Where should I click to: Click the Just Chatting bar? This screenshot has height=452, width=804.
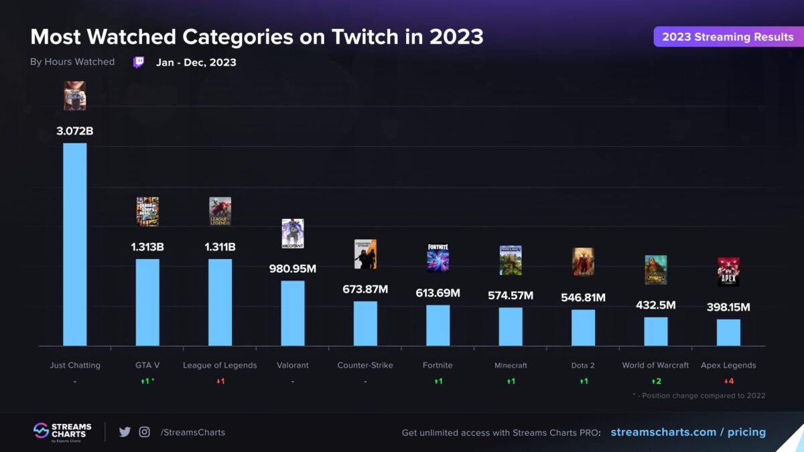pos(74,244)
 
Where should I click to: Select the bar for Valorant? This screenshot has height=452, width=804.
pos(293,313)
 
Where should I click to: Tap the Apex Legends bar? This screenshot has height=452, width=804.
pos(728,332)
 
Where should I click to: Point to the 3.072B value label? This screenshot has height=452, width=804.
pos(74,131)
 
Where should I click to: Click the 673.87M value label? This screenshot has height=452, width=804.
pos(365,289)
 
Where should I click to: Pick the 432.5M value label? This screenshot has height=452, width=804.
pos(655,305)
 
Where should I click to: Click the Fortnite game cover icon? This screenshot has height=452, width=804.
pos(438,258)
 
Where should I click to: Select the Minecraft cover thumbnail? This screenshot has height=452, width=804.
pos(511,260)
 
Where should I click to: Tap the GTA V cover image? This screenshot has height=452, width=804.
pos(147,212)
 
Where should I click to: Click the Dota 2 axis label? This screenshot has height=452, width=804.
pos(583,366)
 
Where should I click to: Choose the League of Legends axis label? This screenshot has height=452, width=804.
pos(220,366)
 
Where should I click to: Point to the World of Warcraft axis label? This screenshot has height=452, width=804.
pos(655,366)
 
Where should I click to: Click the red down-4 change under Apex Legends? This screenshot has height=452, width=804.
pos(728,382)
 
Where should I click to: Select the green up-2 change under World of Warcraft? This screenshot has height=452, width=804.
pos(656,382)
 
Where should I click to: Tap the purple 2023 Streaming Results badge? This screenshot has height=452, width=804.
pos(727,37)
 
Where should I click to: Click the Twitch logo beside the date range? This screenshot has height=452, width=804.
pos(139,62)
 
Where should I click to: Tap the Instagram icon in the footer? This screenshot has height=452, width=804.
pos(144,432)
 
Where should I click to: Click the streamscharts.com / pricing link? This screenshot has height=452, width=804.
pos(688,432)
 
